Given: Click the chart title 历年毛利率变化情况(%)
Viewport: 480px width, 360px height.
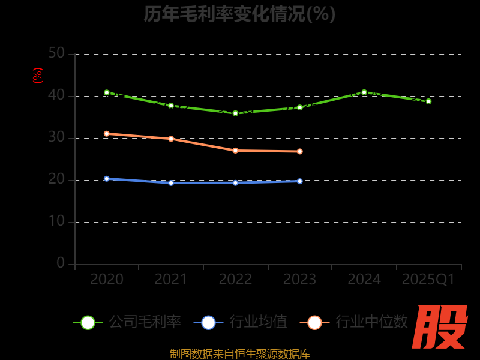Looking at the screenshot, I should pyautogui.click(x=239, y=13).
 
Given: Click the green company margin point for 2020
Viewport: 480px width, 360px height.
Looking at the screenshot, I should pyautogui.click(x=107, y=92).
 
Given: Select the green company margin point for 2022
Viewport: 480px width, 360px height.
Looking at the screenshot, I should pyautogui.click(x=235, y=113).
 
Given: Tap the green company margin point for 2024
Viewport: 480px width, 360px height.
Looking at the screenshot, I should pyautogui.click(x=364, y=92).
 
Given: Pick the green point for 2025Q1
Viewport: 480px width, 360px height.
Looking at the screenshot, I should pyautogui.click(x=428, y=101).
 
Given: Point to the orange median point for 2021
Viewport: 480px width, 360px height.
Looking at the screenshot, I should pyautogui.click(x=171, y=139).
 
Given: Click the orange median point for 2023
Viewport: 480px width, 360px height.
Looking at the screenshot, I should pyautogui.click(x=299, y=151).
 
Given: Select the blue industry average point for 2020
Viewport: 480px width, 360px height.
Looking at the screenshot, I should pyautogui.click(x=107, y=179).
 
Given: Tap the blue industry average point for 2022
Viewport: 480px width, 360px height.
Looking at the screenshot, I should pyautogui.click(x=235, y=182).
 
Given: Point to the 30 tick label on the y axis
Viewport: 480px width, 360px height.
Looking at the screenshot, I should pyautogui.click(x=56, y=138).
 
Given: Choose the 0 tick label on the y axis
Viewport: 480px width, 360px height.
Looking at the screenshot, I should pyautogui.click(x=61, y=263).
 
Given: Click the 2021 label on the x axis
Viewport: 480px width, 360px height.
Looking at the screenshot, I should pyautogui.click(x=171, y=280).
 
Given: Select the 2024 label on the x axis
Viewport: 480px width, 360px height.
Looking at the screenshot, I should pyautogui.click(x=364, y=280).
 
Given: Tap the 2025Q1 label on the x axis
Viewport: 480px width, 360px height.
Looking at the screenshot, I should pyautogui.click(x=428, y=280).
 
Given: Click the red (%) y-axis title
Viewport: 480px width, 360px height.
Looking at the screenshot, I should pyautogui.click(x=38, y=76).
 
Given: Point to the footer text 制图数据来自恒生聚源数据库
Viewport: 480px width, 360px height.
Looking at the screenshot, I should pyautogui.click(x=239, y=353).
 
